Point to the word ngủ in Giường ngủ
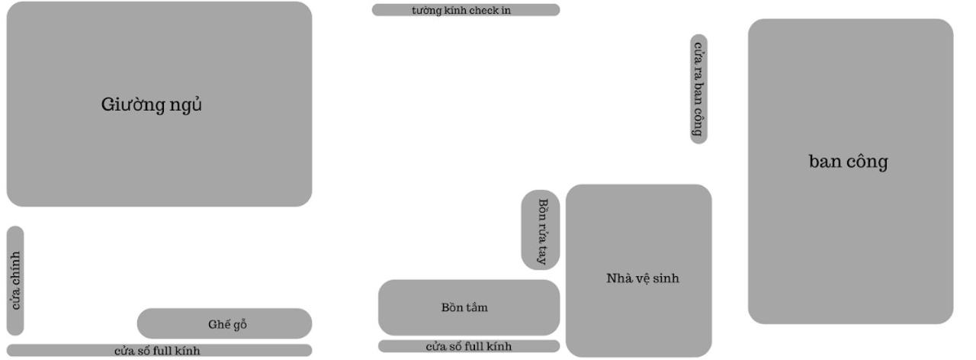point(185,104)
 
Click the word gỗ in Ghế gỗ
point(239,324)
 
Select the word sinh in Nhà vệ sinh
point(665,278)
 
